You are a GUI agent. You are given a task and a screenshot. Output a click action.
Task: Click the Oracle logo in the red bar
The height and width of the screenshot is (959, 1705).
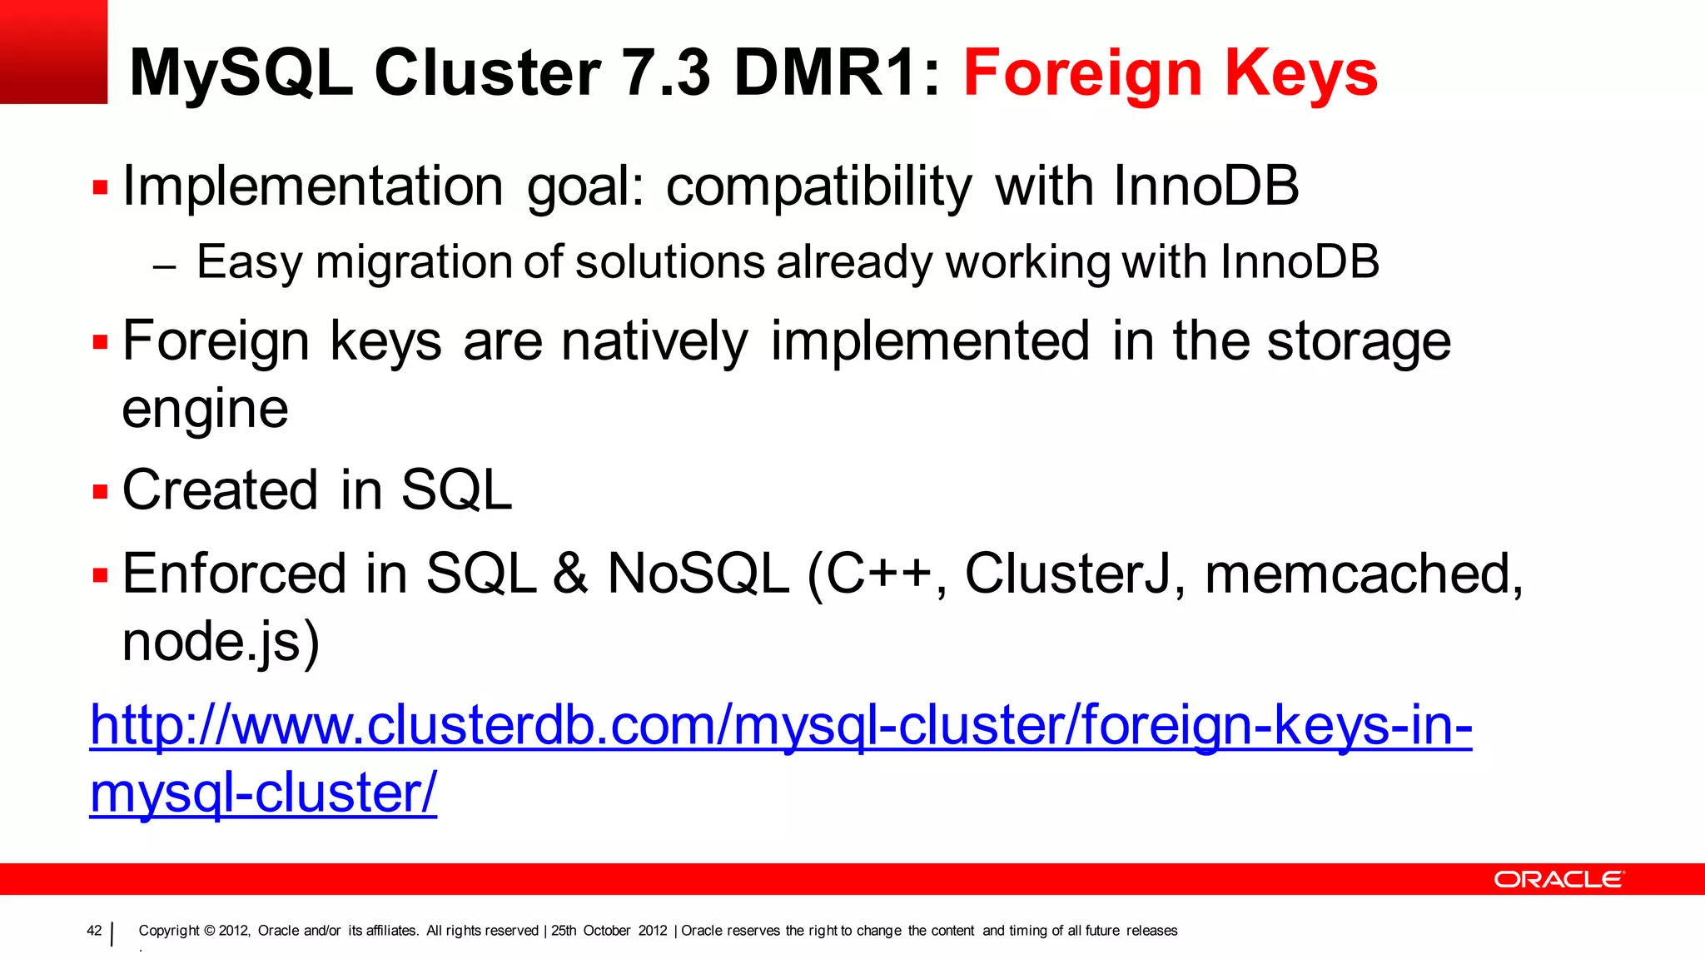pyautogui.click(x=1558, y=879)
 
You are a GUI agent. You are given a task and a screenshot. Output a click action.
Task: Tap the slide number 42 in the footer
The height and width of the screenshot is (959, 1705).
pyautogui.click(x=94, y=931)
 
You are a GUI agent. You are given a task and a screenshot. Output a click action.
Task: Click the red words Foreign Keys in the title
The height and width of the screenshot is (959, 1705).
pyautogui.click(x=1170, y=73)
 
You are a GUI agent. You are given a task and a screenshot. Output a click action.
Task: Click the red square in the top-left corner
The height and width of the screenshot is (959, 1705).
pyautogui.click(x=53, y=52)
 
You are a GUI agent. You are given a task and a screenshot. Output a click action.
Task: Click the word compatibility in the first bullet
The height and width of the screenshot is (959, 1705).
pyautogui.click(x=818, y=186)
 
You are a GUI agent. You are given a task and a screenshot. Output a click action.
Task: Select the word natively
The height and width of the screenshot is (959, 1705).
pyautogui.click(x=654, y=342)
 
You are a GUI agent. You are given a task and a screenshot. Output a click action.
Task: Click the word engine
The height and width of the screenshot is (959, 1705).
pyautogui.click(x=205, y=410)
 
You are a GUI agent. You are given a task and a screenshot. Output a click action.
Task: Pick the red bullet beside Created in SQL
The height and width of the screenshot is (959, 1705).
pyautogui.click(x=101, y=491)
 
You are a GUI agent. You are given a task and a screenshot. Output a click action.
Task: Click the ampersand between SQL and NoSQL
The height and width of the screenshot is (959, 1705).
pyautogui.click(x=571, y=574)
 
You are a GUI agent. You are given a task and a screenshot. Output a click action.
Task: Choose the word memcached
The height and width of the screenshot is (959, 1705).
pyautogui.click(x=1363, y=574)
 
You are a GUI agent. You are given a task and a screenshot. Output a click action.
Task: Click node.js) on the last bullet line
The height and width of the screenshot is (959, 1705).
pyautogui.click(x=221, y=642)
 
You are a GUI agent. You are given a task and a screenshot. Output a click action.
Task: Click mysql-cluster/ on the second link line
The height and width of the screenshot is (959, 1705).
pyautogui.click(x=263, y=793)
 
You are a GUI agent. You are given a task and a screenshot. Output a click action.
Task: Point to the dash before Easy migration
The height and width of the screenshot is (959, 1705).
pyautogui.click(x=165, y=267)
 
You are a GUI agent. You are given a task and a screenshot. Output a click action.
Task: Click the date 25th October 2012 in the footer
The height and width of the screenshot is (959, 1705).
pyautogui.click(x=609, y=931)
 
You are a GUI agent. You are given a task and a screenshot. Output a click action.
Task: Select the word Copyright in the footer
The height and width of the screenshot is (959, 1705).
pyautogui.click(x=169, y=931)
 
